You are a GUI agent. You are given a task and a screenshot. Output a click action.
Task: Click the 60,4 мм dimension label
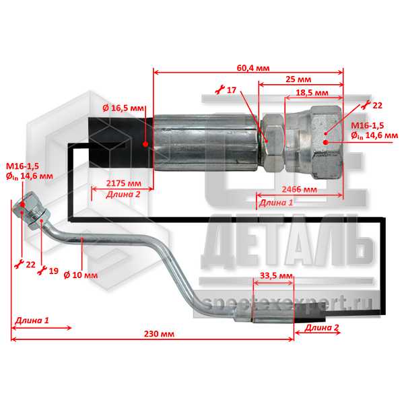(253, 68)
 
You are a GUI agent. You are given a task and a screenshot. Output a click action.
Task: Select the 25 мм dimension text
(298, 79)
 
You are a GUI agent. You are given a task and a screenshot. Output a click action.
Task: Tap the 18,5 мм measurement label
(312, 93)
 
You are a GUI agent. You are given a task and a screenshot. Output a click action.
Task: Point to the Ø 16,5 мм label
(123, 108)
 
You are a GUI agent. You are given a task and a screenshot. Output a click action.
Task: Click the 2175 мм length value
(124, 183)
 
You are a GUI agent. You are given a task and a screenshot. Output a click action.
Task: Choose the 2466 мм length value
(299, 189)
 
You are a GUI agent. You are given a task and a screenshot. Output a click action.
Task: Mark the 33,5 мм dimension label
(276, 276)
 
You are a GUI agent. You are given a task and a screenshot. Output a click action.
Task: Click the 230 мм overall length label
(159, 334)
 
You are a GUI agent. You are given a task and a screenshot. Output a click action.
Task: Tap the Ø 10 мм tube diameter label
(81, 275)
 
